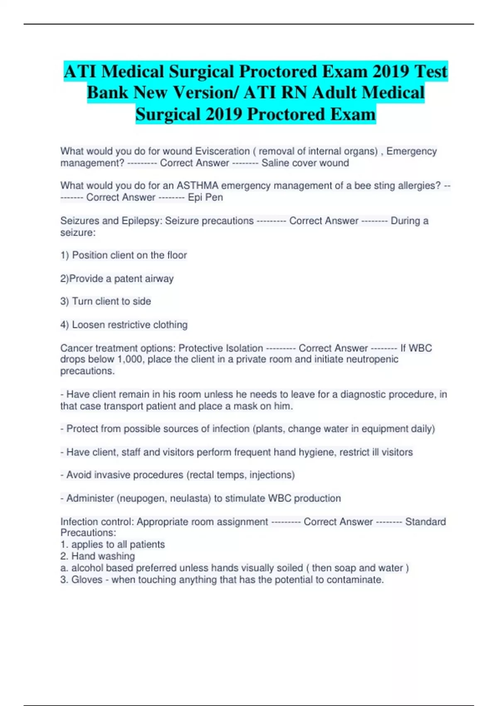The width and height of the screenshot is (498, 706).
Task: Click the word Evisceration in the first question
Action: coord(222,151)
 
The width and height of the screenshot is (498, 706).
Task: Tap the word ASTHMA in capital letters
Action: coord(197,186)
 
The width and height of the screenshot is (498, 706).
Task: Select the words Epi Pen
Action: coord(205,197)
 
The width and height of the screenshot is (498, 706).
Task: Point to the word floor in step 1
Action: coord(177,255)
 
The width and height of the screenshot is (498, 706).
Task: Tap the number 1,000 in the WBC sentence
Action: coord(130,359)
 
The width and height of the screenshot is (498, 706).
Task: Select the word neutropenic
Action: coord(372,359)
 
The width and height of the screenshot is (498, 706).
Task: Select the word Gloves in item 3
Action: coord(87,579)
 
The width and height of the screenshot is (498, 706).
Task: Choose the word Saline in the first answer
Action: coord(275,163)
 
